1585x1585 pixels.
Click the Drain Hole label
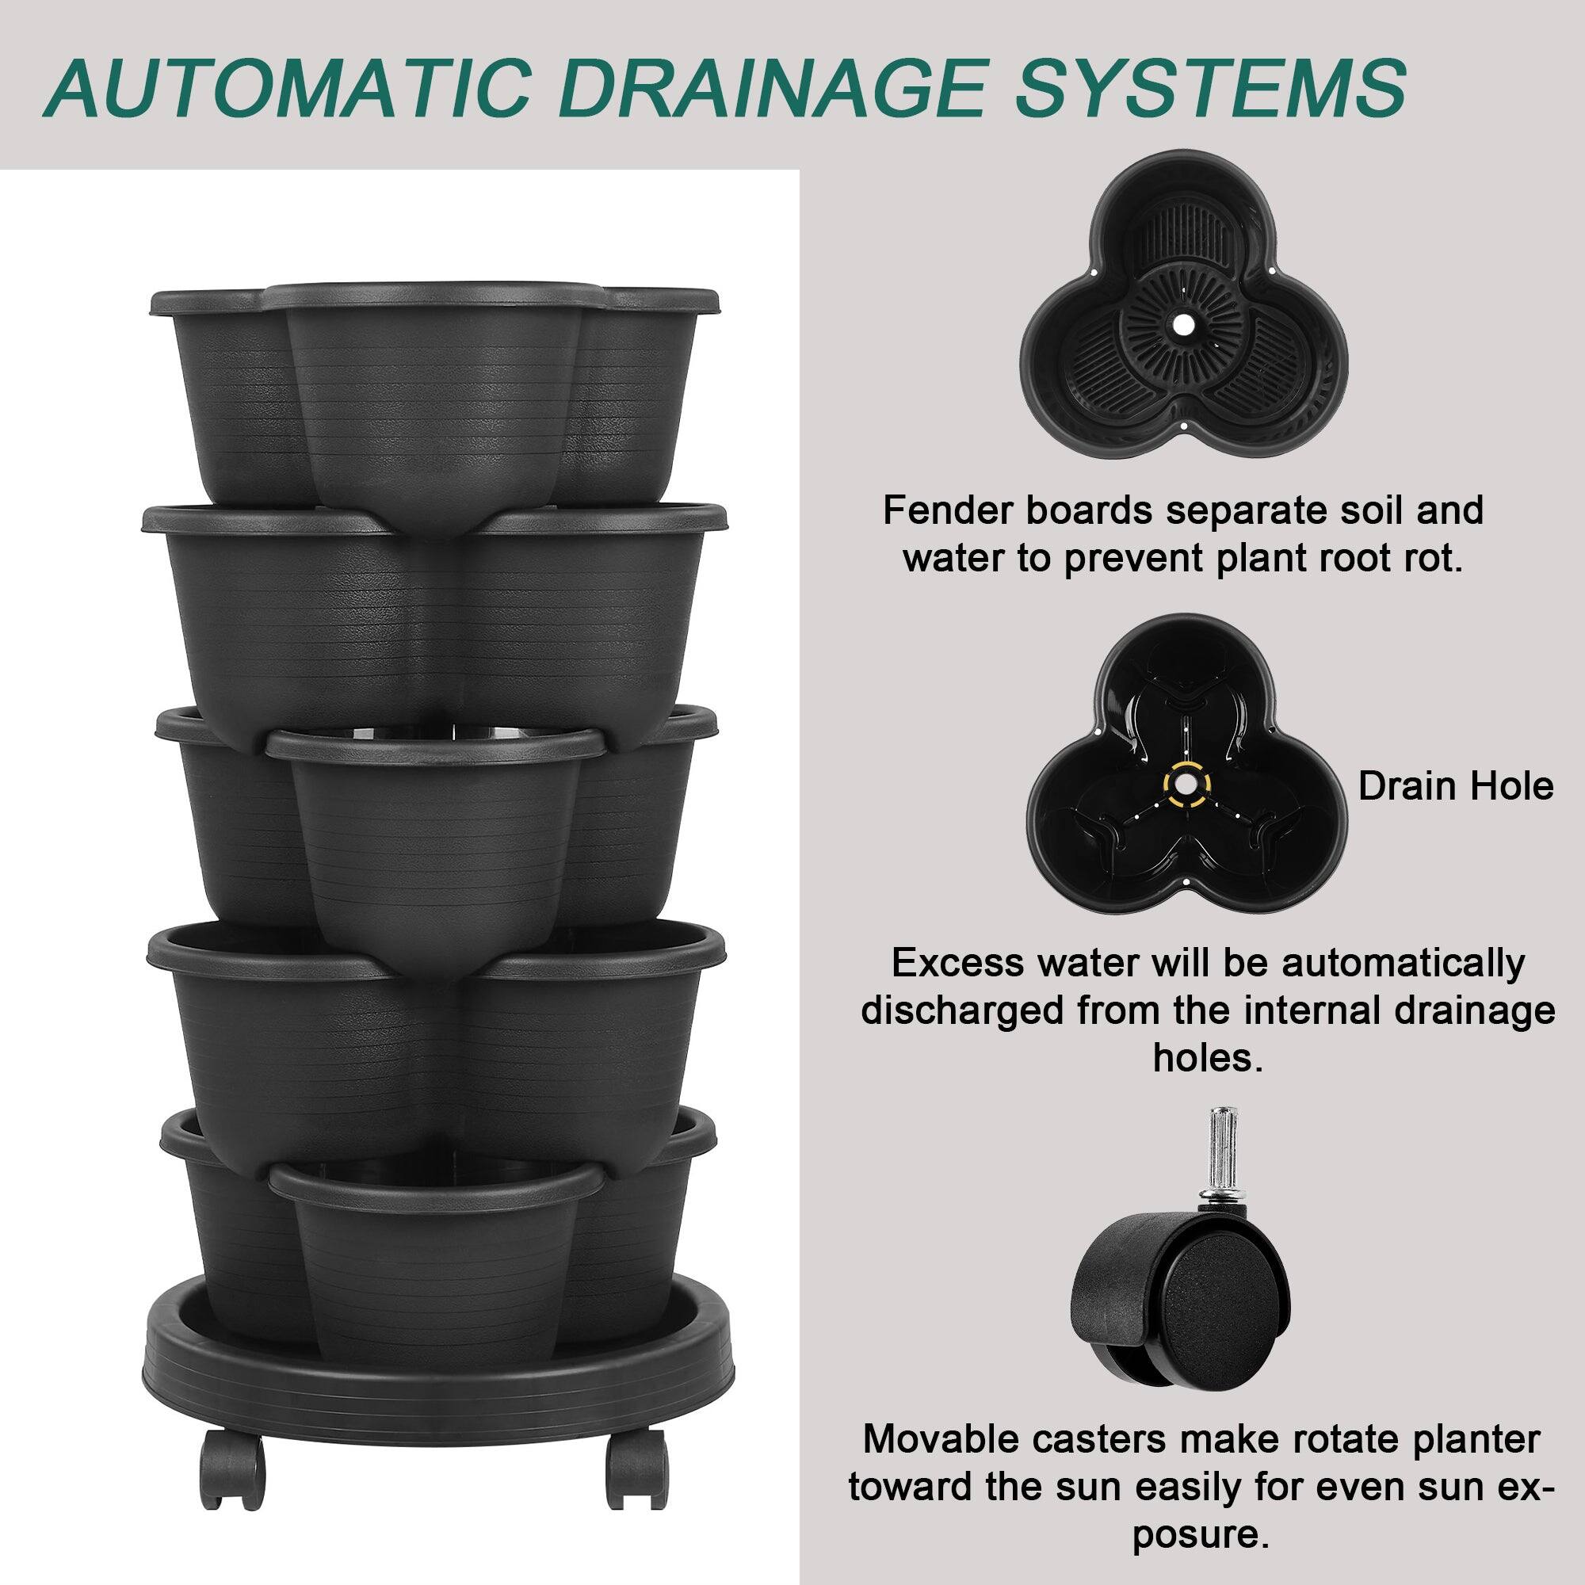pos(1455,786)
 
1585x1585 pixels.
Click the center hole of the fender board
pos(1182,325)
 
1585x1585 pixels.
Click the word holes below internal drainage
pos(1206,1058)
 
